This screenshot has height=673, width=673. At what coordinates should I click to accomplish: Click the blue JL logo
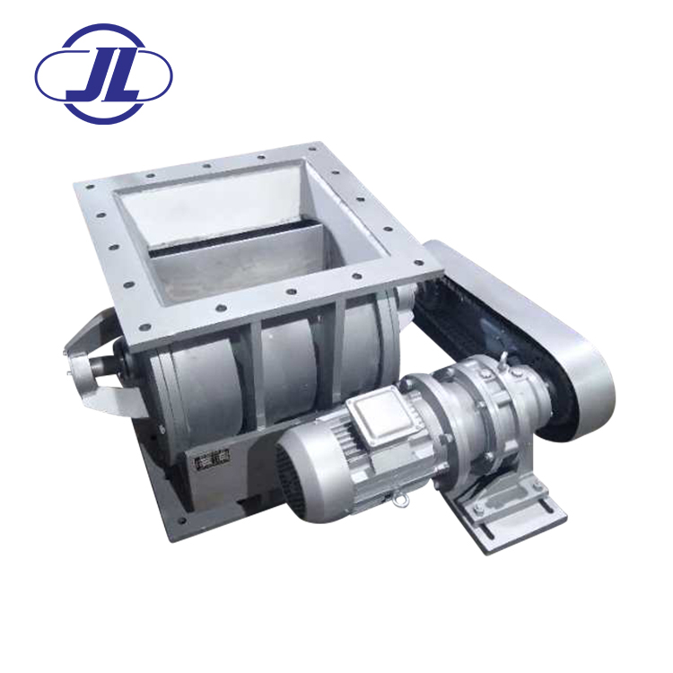click(x=103, y=74)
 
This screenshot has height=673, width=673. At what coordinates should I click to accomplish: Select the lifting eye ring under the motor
click(x=401, y=501)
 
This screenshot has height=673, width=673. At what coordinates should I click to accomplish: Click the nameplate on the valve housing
click(x=212, y=460)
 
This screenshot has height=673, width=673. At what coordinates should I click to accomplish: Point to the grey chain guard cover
click(x=528, y=327)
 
